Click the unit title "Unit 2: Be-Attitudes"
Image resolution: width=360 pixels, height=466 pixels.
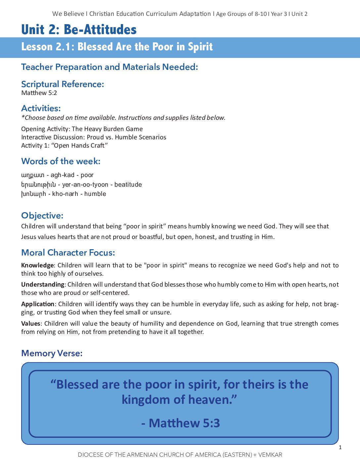tap(79, 30)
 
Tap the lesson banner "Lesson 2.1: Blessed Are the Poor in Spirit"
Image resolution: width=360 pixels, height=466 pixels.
tap(117, 47)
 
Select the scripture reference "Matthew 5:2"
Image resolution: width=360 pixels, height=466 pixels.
tap(39, 93)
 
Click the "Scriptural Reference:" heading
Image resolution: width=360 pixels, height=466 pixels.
tap(63, 84)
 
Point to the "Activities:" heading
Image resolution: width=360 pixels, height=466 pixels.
tap(41, 108)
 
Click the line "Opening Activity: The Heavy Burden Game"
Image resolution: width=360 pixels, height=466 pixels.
tap(82, 129)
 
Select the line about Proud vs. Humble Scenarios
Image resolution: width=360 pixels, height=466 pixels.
tap(94, 137)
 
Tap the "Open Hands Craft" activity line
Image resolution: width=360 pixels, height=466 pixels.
tap(65, 146)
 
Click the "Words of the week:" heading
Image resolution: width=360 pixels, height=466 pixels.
tap(61, 161)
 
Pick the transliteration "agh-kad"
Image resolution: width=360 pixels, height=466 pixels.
tap(63, 175)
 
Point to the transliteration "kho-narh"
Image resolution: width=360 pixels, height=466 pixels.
tap(65, 194)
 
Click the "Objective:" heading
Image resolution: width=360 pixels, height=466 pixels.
tap(42, 215)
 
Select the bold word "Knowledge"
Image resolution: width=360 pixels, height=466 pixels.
tap(37, 265)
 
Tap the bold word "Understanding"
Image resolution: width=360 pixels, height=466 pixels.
tap(43, 285)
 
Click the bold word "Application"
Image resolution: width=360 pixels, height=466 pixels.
tap(38, 304)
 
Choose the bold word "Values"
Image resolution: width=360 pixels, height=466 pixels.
tap(31, 324)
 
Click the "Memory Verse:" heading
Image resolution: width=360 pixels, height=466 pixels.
tap(52, 353)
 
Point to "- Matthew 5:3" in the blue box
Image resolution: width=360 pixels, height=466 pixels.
tap(180, 423)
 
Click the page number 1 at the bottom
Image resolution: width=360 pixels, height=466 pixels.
tap(340, 447)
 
